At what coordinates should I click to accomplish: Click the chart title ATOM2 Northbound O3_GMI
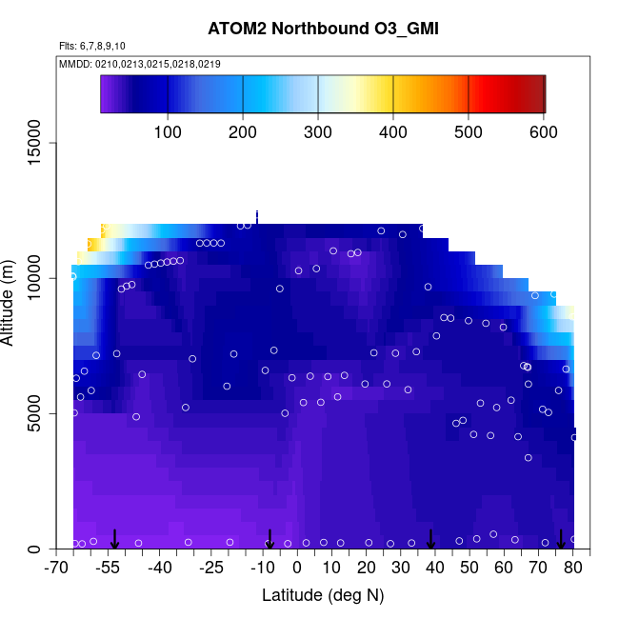323,30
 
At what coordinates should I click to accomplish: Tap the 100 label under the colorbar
168,130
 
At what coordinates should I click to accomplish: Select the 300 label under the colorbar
318,130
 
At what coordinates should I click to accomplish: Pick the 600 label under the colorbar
544,130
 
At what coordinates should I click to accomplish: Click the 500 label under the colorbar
469,130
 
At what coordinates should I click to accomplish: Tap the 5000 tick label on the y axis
43,414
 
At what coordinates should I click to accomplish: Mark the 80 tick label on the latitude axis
573,569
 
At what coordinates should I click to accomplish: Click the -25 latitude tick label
212,569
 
